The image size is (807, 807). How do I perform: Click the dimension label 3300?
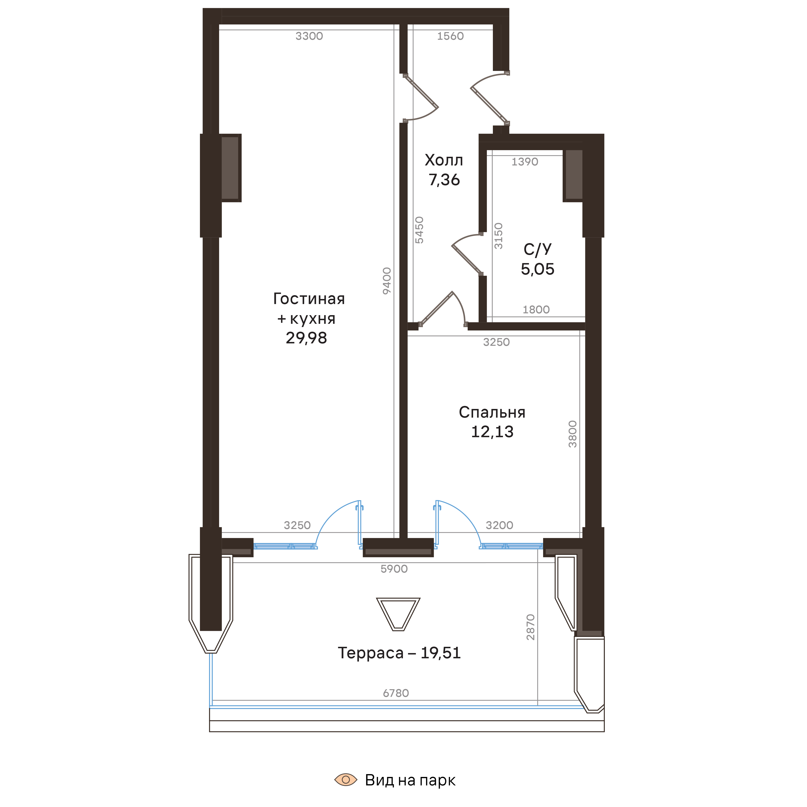point(309,36)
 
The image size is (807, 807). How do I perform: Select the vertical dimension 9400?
point(387,281)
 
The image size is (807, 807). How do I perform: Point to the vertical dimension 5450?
point(419,230)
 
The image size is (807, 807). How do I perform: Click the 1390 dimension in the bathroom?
point(525,162)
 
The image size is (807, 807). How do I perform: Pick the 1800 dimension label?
point(536,309)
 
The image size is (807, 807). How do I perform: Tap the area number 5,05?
point(537,269)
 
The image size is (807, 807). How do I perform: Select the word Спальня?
point(492,412)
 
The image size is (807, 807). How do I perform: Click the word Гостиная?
point(309,299)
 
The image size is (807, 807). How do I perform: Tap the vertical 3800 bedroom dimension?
point(572,434)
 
